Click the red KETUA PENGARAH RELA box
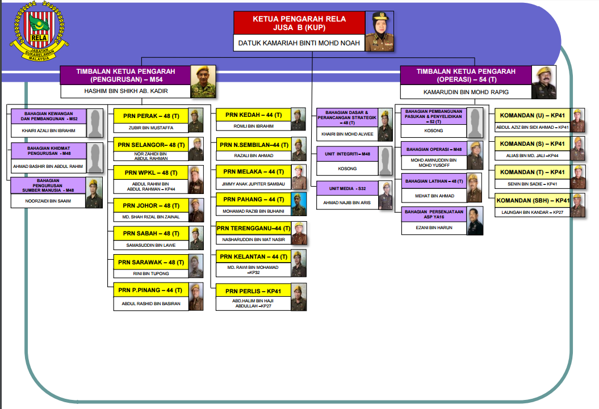click(299, 23)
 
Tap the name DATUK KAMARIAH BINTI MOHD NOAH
click(299, 43)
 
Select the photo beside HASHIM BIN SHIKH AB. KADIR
click(203, 82)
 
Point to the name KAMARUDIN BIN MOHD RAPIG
click(466, 91)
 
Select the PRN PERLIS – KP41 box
click(253, 291)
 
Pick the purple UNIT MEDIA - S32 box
click(347, 188)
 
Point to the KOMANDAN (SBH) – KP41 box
click(533, 201)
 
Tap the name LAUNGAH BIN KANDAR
click(533, 212)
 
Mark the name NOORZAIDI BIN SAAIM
click(48, 201)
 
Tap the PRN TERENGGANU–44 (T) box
click(253, 228)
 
